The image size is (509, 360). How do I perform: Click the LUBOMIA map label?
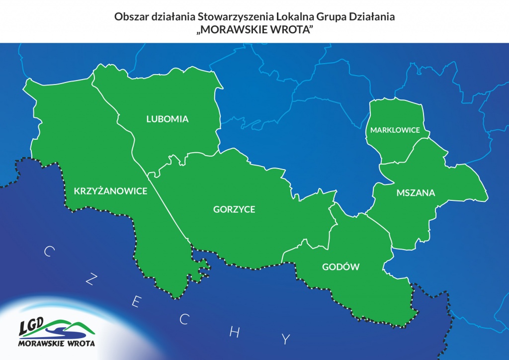click(168, 119)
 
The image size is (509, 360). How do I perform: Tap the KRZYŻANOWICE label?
click(110, 191)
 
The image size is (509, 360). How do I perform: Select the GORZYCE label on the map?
click(234, 209)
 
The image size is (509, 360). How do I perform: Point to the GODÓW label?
click(340, 267)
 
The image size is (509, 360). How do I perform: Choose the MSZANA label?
click(416, 192)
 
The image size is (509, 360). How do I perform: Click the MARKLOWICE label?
click(395, 130)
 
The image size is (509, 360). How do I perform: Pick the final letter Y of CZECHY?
click(285, 340)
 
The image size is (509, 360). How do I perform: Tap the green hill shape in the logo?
click(75, 326)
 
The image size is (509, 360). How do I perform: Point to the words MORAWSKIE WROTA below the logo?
click(56, 343)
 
